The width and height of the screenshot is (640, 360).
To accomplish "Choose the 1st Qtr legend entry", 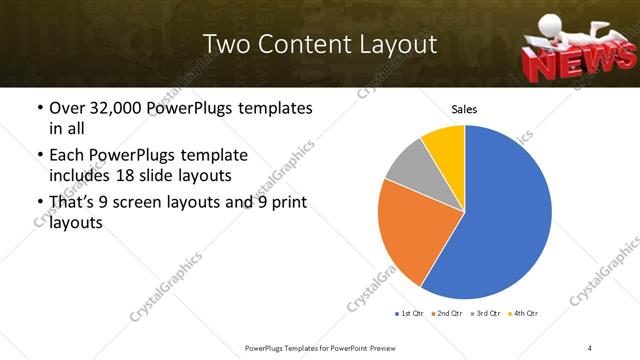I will tap(410, 314).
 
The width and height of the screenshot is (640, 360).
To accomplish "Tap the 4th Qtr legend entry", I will tap(523, 314).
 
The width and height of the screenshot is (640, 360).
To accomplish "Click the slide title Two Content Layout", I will tap(319, 45).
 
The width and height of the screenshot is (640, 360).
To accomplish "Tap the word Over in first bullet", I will tap(68, 107).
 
